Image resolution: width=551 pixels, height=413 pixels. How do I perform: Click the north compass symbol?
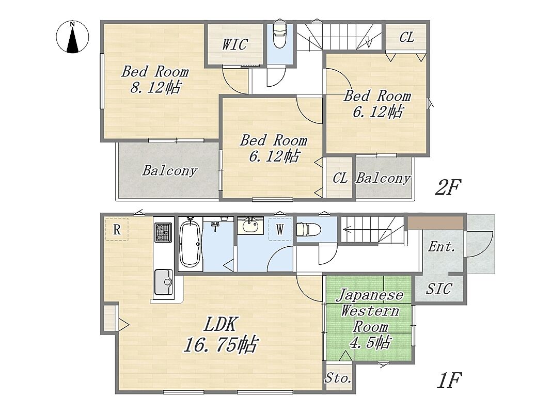(x=72, y=37)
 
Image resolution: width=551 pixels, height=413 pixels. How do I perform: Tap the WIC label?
(x=235, y=44)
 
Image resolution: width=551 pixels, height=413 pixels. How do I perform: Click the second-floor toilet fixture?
(x=280, y=36)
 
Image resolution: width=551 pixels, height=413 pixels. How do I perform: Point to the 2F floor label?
(x=448, y=187)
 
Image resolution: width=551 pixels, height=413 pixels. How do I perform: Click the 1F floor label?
(x=449, y=380)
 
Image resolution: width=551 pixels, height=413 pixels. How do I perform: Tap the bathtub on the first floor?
(x=190, y=244)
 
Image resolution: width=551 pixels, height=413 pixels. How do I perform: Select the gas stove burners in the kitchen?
(x=163, y=232)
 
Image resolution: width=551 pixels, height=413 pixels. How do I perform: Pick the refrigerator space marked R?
(x=117, y=230)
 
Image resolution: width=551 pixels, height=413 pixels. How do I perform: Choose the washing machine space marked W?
(x=280, y=229)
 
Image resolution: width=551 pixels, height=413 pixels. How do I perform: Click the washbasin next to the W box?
(x=250, y=225)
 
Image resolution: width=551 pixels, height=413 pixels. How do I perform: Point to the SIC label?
(x=438, y=289)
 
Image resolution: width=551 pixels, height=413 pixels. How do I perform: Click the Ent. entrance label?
(x=442, y=247)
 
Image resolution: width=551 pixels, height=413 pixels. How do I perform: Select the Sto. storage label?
(x=338, y=378)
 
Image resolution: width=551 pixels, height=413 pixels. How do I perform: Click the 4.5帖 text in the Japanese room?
(x=370, y=342)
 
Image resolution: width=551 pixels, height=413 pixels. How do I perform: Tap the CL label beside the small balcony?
(x=340, y=178)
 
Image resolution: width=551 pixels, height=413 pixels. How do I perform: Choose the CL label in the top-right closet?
(x=406, y=37)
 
